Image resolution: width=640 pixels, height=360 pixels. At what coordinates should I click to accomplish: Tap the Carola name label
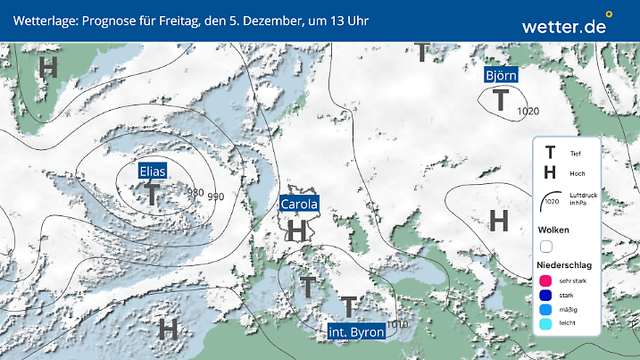coord(300,205)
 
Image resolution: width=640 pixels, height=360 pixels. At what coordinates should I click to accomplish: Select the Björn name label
coord(501,75)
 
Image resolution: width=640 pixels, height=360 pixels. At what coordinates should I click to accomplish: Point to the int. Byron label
coord(356,332)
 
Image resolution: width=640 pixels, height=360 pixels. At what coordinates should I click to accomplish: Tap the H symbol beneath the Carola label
coord(297,230)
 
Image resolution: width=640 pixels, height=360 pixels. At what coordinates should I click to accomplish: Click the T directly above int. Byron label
coord(348,307)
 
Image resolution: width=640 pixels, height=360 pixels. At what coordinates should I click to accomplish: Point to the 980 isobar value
coord(195,193)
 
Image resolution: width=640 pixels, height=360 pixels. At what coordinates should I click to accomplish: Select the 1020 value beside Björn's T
coord(528,111)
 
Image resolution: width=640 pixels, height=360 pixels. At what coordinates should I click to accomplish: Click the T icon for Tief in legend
coord(550,154)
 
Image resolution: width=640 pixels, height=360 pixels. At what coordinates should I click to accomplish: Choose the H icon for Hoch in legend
coord(550,172)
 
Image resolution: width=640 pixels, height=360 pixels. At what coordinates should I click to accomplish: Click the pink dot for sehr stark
coord(546,280)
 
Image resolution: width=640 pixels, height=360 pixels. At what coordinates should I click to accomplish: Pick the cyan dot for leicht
coord(546,325)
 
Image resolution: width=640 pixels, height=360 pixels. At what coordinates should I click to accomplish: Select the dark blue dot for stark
coord(546,295)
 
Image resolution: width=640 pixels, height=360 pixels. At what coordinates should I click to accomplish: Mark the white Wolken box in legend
coord(546,246)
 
